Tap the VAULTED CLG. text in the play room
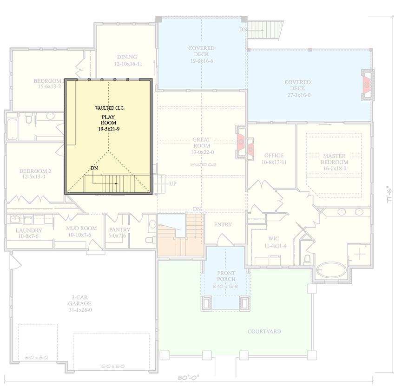[x=110, y=108]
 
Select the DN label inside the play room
[x=94, y=168]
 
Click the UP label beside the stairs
[x=172, y=184]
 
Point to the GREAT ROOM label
[x=202, y=143]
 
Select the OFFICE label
[x=274, y=156]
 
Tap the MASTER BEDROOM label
[x=334, y=159]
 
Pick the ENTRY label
[x=223, y=225]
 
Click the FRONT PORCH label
[x=226, y=276]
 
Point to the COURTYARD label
[x=264, y=332]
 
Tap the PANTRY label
[x=119, y=229]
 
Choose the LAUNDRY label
[x=29, y=230]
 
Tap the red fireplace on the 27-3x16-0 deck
[x=367, y=85]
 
